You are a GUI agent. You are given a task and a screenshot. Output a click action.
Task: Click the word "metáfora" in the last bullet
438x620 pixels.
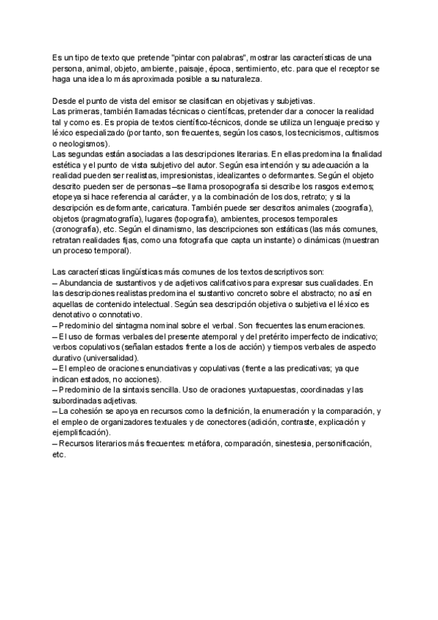pos(206,444)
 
